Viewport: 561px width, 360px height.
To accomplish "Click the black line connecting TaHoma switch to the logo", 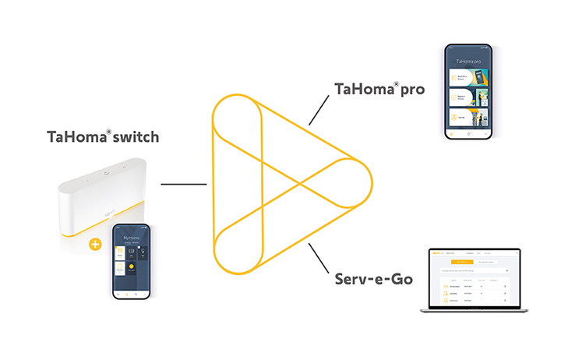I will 183,185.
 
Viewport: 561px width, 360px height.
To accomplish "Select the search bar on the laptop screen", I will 474,270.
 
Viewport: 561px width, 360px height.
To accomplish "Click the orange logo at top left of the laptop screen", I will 436,254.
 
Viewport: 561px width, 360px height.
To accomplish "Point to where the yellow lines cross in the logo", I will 300,185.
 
